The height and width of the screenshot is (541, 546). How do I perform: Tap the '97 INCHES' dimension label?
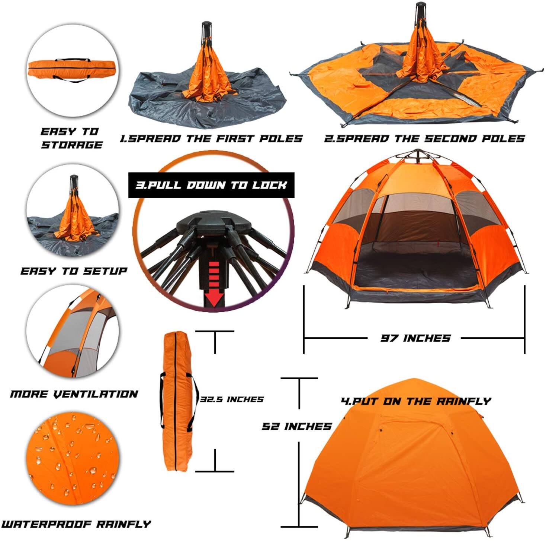click(415, 338)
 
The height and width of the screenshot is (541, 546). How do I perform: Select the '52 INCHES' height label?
click(296, 426)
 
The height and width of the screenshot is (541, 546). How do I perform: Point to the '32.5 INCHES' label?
click(232, 399)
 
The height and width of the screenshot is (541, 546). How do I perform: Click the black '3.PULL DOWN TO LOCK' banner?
click(211, 185)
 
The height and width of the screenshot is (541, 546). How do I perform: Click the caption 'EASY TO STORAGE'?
click(71, 138)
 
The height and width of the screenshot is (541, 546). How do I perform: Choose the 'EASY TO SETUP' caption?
click(74, 271)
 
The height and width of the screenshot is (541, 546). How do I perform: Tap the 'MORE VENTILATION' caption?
click(74, 394)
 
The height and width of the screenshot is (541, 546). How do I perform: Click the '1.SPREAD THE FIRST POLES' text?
click(211, 139)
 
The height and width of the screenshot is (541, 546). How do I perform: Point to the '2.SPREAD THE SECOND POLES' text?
click(424, 139)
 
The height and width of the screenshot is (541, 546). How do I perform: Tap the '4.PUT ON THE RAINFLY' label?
click(416, 401)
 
